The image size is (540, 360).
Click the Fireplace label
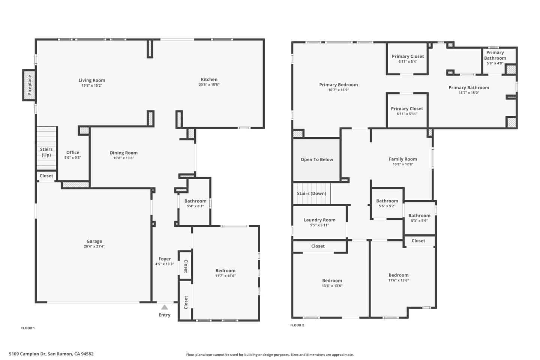click(30, 85)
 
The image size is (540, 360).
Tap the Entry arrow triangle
click(164, 307)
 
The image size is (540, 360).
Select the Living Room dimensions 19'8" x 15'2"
click(92, 85)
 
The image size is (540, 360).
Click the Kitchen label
click(209, 79)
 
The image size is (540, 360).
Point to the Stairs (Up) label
click(46, 152)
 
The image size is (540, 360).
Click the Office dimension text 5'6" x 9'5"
click(73, 158)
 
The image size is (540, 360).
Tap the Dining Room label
click(124, 153)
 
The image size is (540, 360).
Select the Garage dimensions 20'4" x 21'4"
click(94, 246)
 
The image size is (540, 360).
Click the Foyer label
click(165, 259)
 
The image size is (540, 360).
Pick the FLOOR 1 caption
click(28, 328)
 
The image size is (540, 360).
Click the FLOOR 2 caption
click(297, 325)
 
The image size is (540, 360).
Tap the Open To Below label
click(317, 159)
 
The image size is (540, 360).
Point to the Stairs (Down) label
click(312, 193)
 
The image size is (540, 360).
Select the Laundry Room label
click(319, 220)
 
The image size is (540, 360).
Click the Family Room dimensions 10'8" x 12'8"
click(403, 164)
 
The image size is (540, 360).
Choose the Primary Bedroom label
click(339, 85)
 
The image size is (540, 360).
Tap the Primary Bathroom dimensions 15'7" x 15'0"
click(469, 93)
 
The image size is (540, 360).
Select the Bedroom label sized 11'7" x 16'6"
click(225, 270)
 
